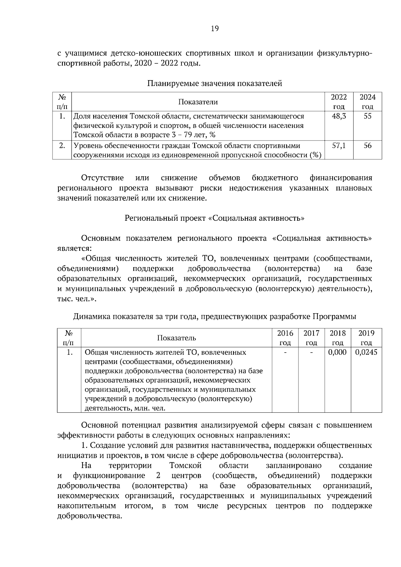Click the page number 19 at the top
215,29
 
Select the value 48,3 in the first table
339,117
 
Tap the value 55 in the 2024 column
367,117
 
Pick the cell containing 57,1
339,146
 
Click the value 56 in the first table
367,146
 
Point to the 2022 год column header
339,102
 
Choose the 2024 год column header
367,102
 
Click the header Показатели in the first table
198,102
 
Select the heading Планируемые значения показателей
215,83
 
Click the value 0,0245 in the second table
366,352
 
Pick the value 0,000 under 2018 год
338,352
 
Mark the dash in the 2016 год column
285,352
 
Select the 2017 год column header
311,338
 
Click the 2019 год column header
366,338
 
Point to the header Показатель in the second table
176,338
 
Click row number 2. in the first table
62,146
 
